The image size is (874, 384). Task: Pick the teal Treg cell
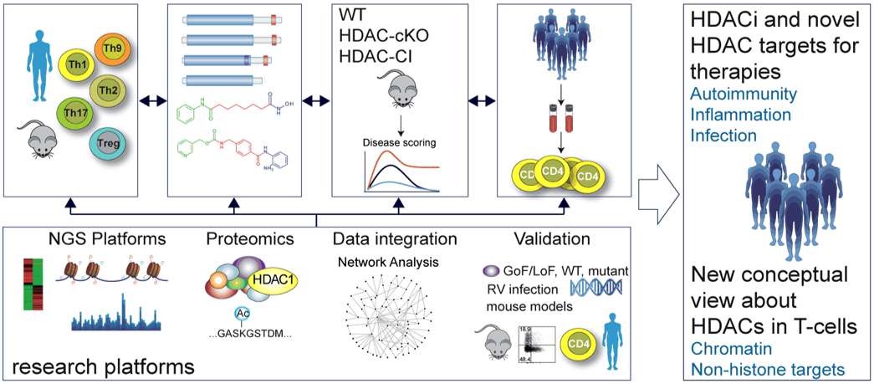click(110, 144)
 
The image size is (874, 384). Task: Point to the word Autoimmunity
click(738, 95)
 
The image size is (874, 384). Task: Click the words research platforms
click(105, 366)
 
